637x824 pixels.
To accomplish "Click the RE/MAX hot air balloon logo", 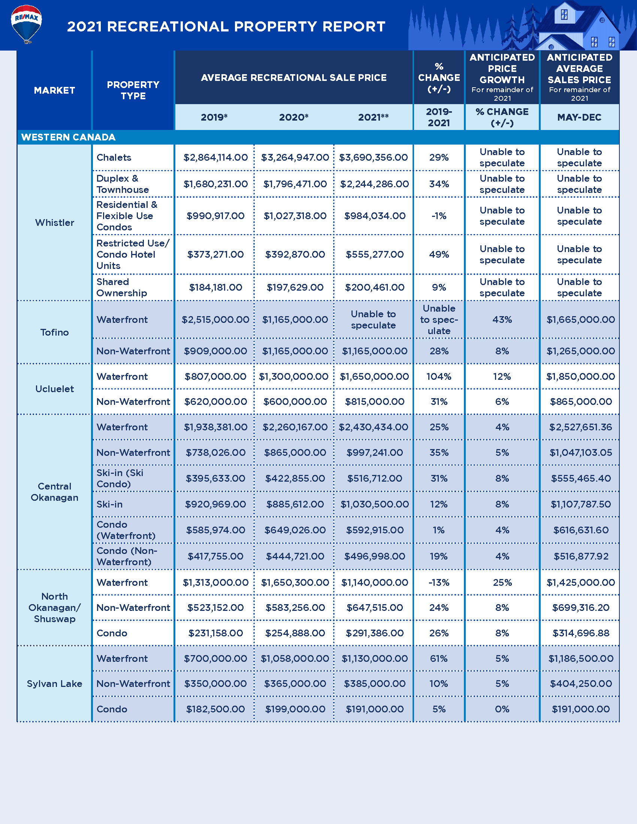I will (x=26, y=23).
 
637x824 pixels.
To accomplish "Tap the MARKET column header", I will (x=54, y=91).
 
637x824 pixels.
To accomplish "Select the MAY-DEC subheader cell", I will (x=579, y=117).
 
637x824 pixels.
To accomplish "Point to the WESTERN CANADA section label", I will (x=68, y=137).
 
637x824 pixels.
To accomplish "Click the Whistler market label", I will (x=54, y=222).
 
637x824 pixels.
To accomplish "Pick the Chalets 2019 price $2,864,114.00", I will (x=215, y=158).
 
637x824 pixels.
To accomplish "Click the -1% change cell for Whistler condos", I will (x=438, y=216).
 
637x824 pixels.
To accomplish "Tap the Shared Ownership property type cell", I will (x=121, y=288).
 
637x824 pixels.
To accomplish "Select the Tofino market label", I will (x=54, y=332).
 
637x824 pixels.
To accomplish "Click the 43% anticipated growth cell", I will (x=502, y=320).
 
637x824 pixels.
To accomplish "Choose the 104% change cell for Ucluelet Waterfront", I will (x=438, y=376).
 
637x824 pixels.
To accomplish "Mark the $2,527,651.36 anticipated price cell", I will (x=580, y=427).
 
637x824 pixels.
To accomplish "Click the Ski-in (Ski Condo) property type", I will (x=120, y=478).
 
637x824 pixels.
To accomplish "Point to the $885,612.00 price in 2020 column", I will (x=295, y=505).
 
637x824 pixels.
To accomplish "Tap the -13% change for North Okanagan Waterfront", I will (x=438, y=582).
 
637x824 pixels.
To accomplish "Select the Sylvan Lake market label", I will (x=54, y=684).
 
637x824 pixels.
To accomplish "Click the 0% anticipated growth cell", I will (x=502, y=709).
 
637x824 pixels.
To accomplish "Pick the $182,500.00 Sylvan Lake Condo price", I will (x=215, y=709).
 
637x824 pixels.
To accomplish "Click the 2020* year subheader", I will (x=294, y=117).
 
